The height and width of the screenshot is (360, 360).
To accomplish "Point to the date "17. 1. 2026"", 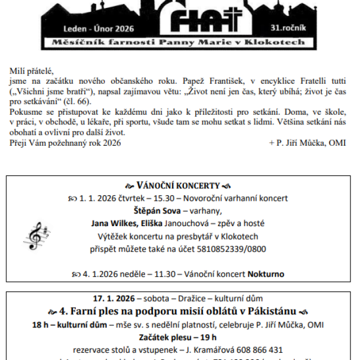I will click(114, 299).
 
